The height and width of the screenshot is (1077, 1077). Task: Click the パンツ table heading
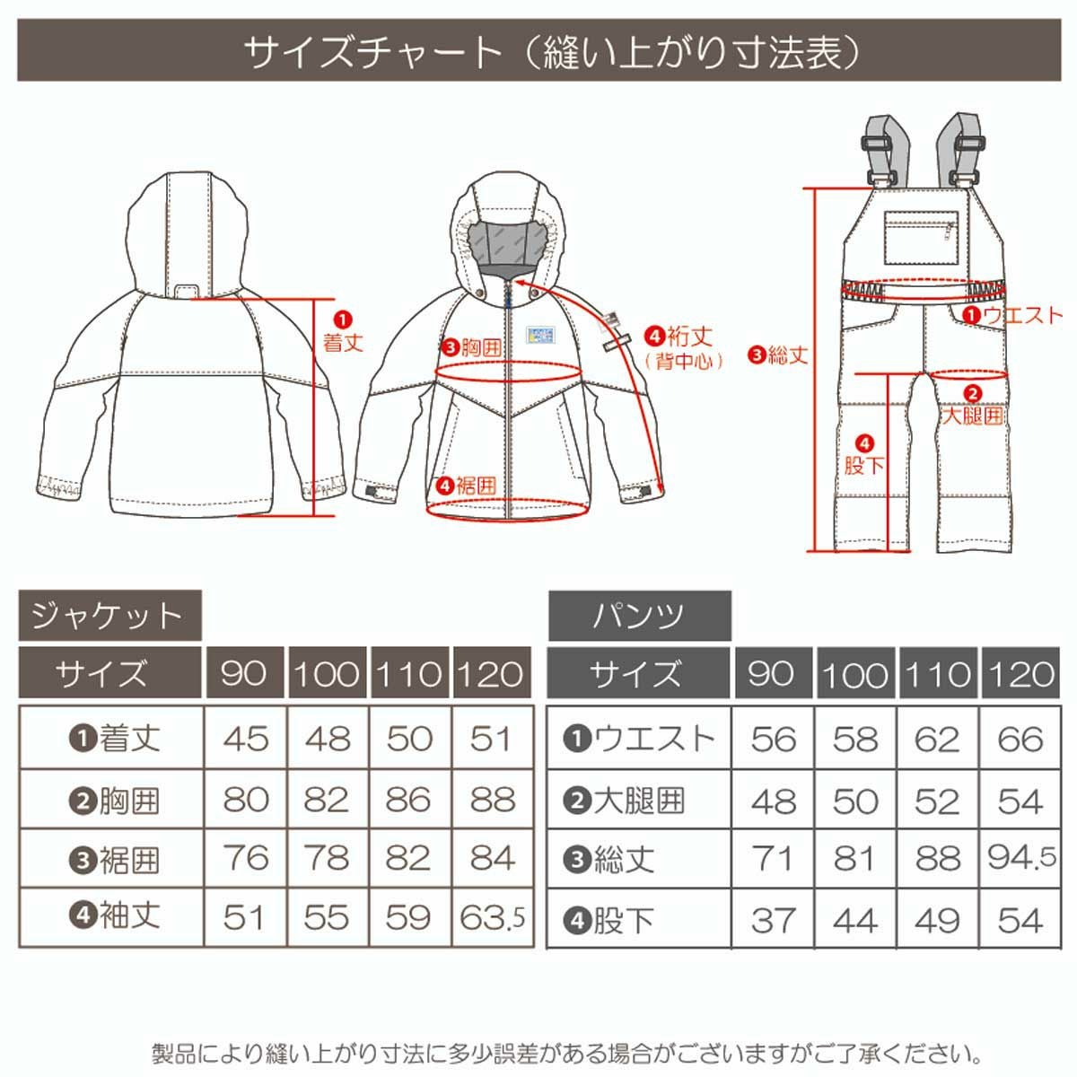point(639,616)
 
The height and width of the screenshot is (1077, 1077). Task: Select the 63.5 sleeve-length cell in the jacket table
point(492,917)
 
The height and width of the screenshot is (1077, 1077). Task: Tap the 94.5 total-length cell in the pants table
point(1021,858)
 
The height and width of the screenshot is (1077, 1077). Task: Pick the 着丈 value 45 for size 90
point(245,739)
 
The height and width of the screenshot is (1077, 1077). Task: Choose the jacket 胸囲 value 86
point(408,800)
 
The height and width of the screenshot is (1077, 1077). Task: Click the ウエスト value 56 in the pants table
point(774,739)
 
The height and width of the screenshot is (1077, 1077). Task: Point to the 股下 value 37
point(773,920)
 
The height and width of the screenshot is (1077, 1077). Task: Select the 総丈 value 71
point(773,859)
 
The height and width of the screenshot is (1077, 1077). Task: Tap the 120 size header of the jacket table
point(491,673)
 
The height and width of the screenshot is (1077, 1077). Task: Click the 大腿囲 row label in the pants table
point(624,801)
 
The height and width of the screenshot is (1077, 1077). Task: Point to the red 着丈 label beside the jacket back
point(343,334)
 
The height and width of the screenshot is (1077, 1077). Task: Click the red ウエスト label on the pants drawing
point(1012,315)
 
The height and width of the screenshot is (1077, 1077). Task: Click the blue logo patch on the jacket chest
point(540,336)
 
